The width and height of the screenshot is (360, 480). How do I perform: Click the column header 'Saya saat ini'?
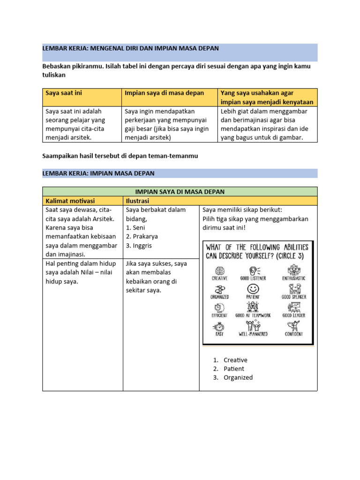[63, 93]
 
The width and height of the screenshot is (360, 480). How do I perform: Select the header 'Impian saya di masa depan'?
[164, 93]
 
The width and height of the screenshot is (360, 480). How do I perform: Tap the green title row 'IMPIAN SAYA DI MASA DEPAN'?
[180, 192]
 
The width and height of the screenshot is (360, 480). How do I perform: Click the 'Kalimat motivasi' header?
[70, 201]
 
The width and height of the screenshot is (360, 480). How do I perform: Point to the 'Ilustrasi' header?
[137, 201]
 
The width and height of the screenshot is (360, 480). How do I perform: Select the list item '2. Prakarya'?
[142, 237]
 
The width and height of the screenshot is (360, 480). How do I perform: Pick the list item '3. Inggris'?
[139, 246]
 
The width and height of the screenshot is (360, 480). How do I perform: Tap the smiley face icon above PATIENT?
[254, 288]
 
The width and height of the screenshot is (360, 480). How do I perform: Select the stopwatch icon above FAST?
[219, 326]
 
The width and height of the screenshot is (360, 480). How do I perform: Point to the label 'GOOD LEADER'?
[293, 315]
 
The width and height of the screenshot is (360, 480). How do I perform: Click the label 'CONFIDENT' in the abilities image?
[293, 334]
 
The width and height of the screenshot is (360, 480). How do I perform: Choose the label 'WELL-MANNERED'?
[253, 334]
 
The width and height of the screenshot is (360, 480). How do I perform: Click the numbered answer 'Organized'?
[238, 377]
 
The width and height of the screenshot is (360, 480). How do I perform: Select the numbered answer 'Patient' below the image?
[234, 369]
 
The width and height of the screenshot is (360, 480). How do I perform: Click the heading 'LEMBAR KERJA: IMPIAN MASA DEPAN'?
[98, 173]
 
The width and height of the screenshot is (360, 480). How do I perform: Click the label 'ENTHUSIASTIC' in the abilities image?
[293, 278]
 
